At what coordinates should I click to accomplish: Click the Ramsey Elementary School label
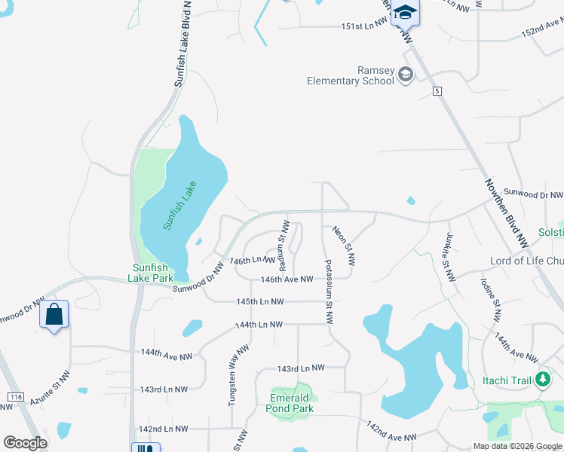coord(351,75)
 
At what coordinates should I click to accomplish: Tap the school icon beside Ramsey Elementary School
coord(406,74)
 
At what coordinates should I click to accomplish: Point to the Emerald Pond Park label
coord(290,403)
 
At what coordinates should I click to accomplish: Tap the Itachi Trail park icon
coord(541,380)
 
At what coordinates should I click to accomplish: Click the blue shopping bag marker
coord(54,314)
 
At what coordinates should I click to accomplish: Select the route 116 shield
coord(15,397)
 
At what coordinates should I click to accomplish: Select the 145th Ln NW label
coord(259,302)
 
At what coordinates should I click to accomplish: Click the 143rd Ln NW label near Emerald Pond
coord(299,368)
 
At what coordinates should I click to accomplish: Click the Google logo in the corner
coord(25,443)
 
